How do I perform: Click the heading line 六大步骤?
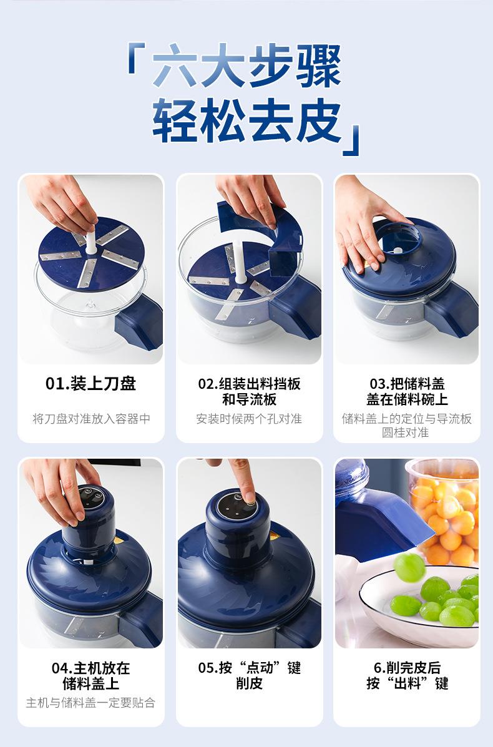click(246, 66)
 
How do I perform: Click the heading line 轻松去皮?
click(246, 121)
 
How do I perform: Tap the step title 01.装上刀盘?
click(91, 384)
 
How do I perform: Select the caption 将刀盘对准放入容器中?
click(92, 419)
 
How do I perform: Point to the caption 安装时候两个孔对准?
click(249, 419)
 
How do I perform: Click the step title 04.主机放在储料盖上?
click(91, 675)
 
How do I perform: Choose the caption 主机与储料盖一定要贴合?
click(90, 703)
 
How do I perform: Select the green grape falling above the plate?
click(409, 567)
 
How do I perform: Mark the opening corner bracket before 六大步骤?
click(136, 57)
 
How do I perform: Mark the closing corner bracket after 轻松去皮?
click(351, 140)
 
